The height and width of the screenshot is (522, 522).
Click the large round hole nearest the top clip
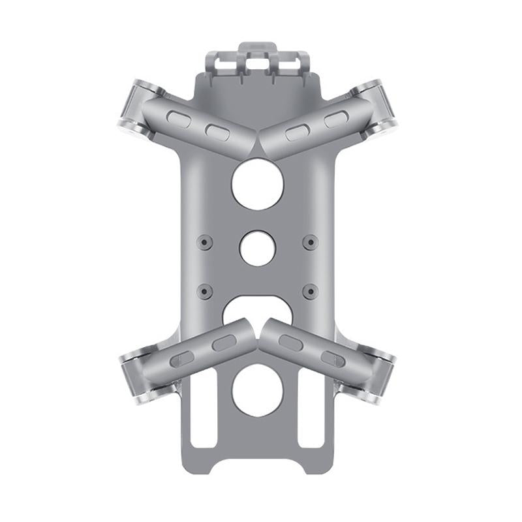(x=257, y=184)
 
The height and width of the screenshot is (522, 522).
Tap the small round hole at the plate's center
(x=257, y=249)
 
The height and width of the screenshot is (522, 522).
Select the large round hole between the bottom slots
(x=257, y=390)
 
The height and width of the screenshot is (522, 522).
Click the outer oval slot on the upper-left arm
(x=178, y=118)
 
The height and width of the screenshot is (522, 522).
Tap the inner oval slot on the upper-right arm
(x=297, y=132)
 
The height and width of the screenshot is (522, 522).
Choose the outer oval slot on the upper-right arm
(x=335, y=119)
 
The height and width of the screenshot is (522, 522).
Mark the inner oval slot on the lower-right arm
(x=290, y=343)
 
